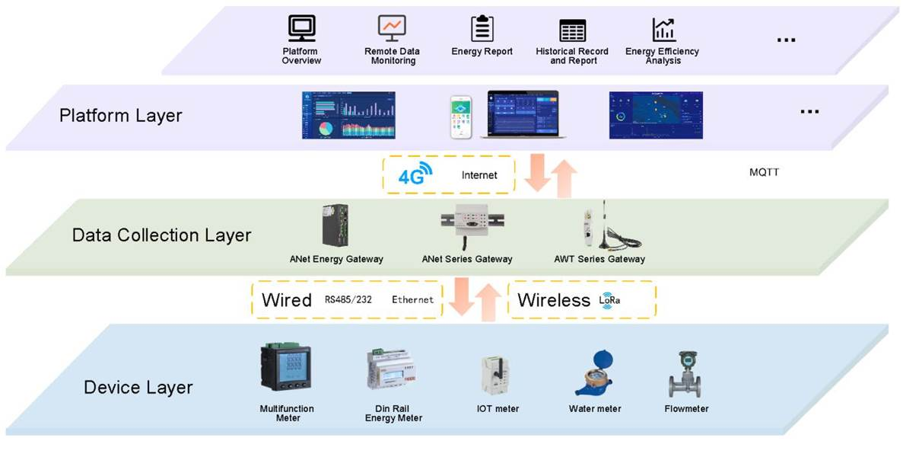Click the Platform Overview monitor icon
301,28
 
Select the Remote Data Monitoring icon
392,28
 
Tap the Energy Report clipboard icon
482,28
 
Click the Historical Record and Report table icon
572,30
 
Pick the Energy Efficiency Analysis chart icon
663,30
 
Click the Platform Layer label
120,116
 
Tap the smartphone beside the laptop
461,117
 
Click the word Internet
479,175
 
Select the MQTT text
764,172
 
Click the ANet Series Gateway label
467,259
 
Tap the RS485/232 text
348,300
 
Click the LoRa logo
609,300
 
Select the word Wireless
553,300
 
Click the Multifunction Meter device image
286,371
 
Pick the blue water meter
594,373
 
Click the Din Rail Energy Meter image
393,371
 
